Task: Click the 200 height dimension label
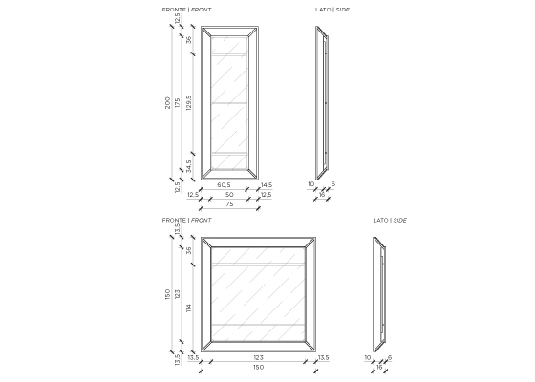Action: [167, 103]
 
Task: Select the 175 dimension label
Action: [177, 103]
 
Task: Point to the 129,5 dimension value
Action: [189, 103]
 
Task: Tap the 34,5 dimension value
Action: [189, 166]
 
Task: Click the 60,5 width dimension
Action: [224, 185]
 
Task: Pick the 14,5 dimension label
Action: [267, 185]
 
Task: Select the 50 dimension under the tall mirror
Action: [229, 195]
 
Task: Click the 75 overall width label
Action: [229, 204]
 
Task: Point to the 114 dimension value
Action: [189, 308]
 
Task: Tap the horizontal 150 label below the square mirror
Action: [258, 368]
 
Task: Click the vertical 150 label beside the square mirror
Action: [167, 294]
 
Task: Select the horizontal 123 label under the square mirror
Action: [258, 358]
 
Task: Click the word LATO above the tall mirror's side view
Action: [323, 10]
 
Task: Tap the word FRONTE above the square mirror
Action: [174, 220]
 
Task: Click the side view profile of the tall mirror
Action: [322, 103]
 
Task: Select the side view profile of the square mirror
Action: [379, 295]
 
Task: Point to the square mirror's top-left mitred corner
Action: [206, 243]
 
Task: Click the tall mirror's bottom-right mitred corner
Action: [253, 174]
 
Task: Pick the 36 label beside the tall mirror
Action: [189, 40]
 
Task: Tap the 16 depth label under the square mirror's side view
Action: [379, 368]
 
